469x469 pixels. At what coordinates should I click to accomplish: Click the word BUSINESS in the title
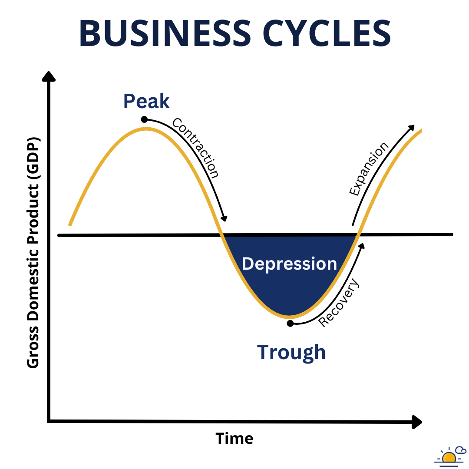pyautogui.click(x=165, y=33)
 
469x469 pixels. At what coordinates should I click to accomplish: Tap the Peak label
pyautogui.click(x=146, y=101)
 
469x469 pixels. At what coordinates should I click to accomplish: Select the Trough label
pyautogui.click(x=291, y=352)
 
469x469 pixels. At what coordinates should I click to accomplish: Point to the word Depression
pyautogui.click(x=289, y=264)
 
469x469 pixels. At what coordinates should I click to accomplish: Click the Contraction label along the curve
pyautogui.click(x=196, y=148)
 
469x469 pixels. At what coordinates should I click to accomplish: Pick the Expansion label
pyautogui.click(x=369, y=169)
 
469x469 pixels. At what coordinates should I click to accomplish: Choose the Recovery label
pyautogui.click(x=339, y=303)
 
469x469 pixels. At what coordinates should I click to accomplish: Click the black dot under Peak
pyautogui.click(x=144, y=119)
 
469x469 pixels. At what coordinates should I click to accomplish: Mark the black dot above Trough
pyautogui.click(x=290, y=323)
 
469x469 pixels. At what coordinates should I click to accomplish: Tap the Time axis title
pyautogui.click(x=234, y=438)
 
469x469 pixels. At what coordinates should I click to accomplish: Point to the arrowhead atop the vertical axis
pyautogui.click(x=49, y=76)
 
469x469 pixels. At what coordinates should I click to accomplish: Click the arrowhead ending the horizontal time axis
pyautogui.click(x=416, y=422)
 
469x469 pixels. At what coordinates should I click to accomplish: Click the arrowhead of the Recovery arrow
pyautogui.click(x=361, y=246)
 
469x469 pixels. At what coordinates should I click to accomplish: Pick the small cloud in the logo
pyautogui.click(x=460, y=450)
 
